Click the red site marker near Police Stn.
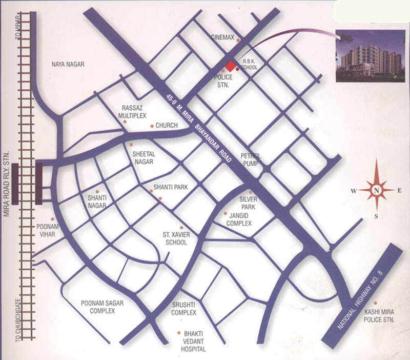coord(231,66)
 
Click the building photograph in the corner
coord(368,56)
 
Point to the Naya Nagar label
coord(68,65)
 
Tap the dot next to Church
coord(151,126)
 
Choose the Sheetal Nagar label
coord(143,157)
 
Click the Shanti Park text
coord(172,188)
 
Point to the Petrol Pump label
coord(251,159)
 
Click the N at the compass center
coord(376,191)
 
